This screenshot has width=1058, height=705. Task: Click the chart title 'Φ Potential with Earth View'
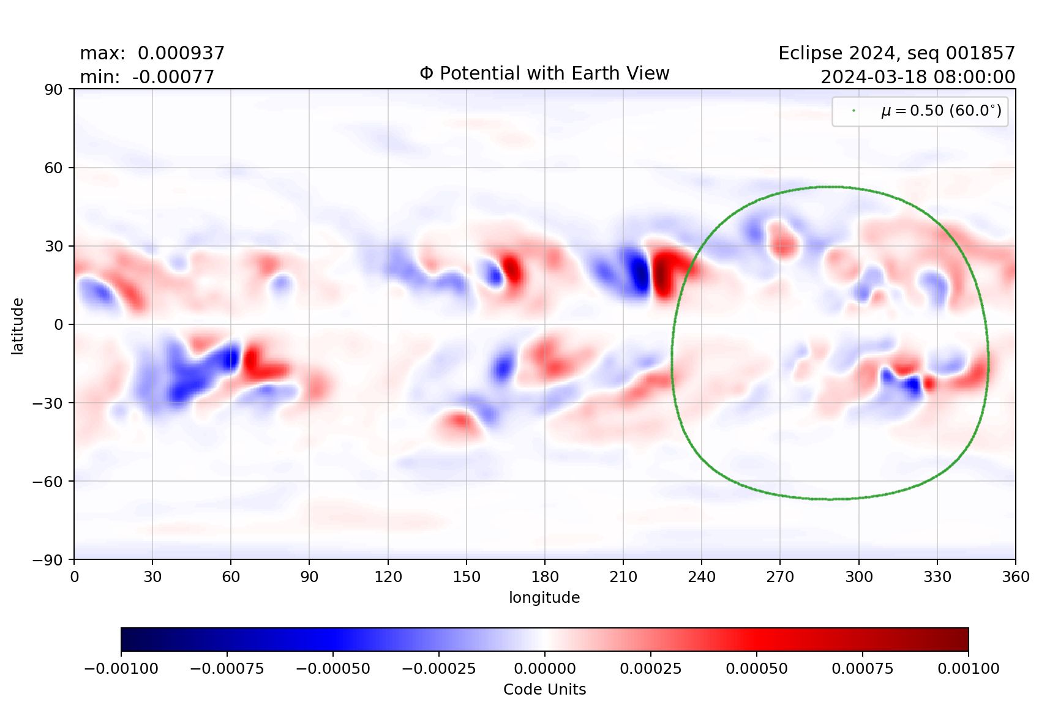coord(544,73)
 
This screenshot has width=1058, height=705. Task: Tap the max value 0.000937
coord(181,53)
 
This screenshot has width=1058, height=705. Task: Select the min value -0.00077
coord(173,77)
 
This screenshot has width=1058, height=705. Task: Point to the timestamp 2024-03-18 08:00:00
coord(917,77)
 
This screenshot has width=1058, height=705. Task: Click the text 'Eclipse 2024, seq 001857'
coord(896,53)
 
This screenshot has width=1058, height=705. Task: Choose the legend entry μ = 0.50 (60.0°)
coord(941,111)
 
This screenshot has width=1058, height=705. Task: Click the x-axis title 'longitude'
coord(544,597)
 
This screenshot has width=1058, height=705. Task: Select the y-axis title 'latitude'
coord(18,326)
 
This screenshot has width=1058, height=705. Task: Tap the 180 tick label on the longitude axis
coord(545,576)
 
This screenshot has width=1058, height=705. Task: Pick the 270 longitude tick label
coord(780,576)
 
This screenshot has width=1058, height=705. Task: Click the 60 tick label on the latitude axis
coord(53,168)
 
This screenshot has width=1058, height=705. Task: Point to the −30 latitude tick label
coord(48,403)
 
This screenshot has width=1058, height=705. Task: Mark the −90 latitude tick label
coord(48,560)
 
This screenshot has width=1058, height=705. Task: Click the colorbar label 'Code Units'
coord(544,689)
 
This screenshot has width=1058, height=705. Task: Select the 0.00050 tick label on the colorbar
coord(756,668)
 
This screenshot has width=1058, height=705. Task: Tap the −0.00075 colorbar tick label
coord(227,668)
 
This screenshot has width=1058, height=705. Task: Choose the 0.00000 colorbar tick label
coord(544,668)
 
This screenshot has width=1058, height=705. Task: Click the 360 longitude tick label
coord(1015,576)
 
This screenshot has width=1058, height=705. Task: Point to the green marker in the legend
coord(854,111)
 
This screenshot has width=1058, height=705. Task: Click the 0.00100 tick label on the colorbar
coord(968,668)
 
